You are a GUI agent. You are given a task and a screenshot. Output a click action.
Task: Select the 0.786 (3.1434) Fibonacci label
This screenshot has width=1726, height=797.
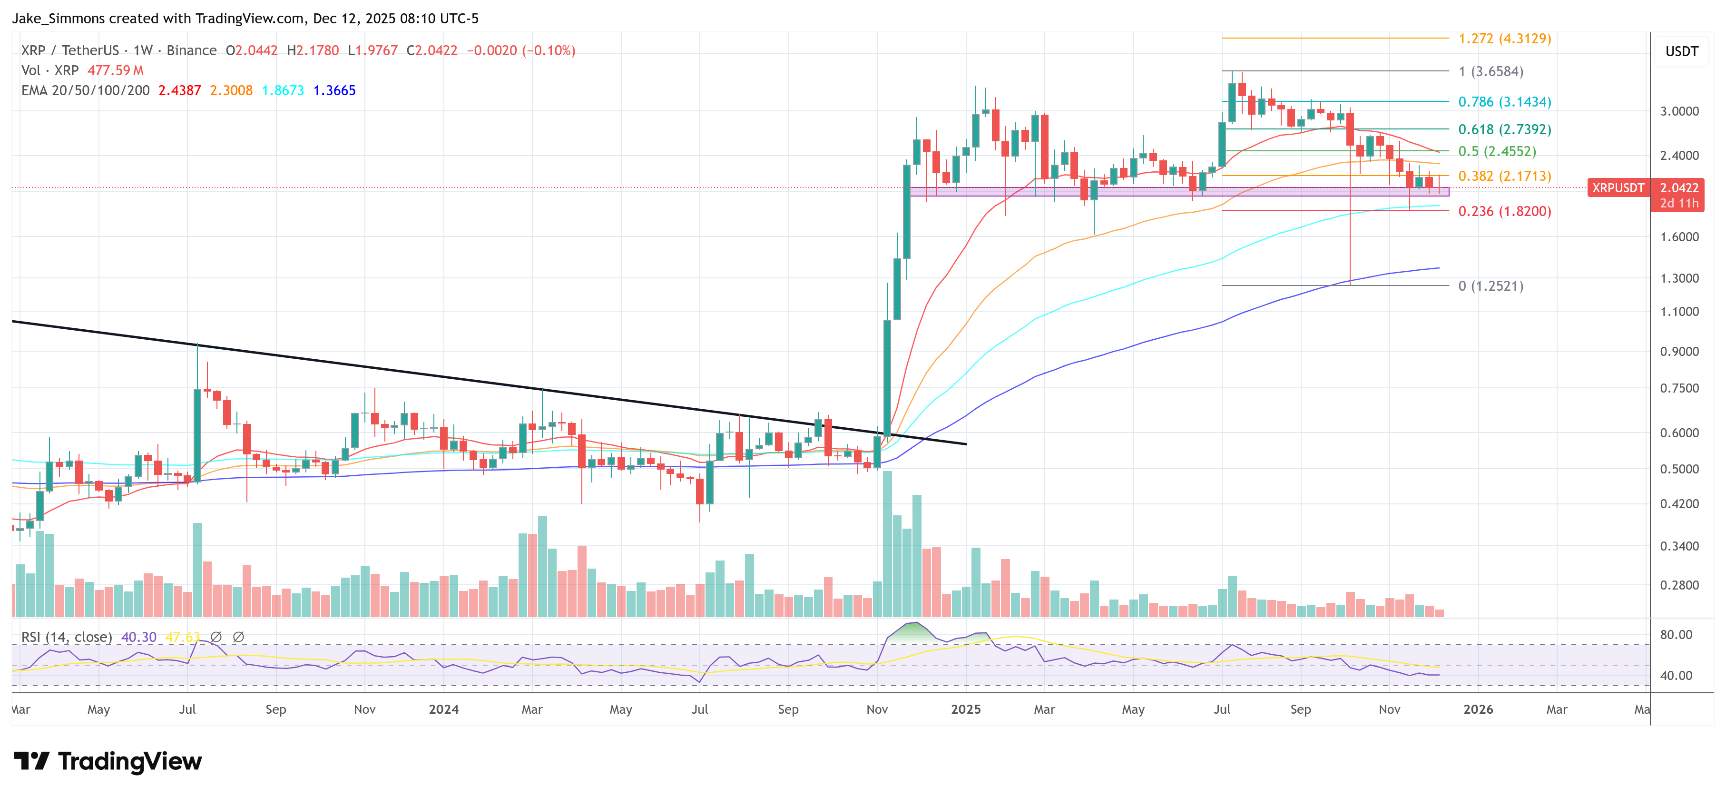[1504, 102]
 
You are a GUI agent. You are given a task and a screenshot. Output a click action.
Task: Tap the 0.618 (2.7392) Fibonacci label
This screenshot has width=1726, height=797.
[1504, 129]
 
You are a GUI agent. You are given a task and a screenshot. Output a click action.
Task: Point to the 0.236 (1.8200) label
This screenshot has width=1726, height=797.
[1504, 211]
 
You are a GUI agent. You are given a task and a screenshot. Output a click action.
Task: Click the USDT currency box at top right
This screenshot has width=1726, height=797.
[1681, 51]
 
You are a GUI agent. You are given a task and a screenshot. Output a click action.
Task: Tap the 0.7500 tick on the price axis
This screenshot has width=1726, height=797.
[1679, 388]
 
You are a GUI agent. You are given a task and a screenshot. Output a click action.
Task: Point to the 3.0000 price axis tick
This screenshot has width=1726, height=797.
[1679, 111]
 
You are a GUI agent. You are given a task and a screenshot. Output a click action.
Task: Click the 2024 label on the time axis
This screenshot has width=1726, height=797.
[443, 709]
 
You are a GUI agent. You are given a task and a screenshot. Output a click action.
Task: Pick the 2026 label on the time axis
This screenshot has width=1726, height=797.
[1477, 709]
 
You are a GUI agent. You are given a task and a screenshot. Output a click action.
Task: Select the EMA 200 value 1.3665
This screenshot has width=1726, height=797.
[334, 90]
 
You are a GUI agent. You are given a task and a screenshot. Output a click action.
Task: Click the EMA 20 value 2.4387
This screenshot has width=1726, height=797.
[179, 90]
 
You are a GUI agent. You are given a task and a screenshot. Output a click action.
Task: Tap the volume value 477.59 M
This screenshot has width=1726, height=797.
[115, 70]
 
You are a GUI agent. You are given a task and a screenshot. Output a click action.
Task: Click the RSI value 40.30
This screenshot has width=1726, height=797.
[139, 637]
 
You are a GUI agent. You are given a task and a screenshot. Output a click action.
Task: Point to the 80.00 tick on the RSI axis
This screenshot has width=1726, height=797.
[1676, 634]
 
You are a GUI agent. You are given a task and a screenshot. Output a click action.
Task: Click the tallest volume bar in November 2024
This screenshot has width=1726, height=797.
[887, 543]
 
